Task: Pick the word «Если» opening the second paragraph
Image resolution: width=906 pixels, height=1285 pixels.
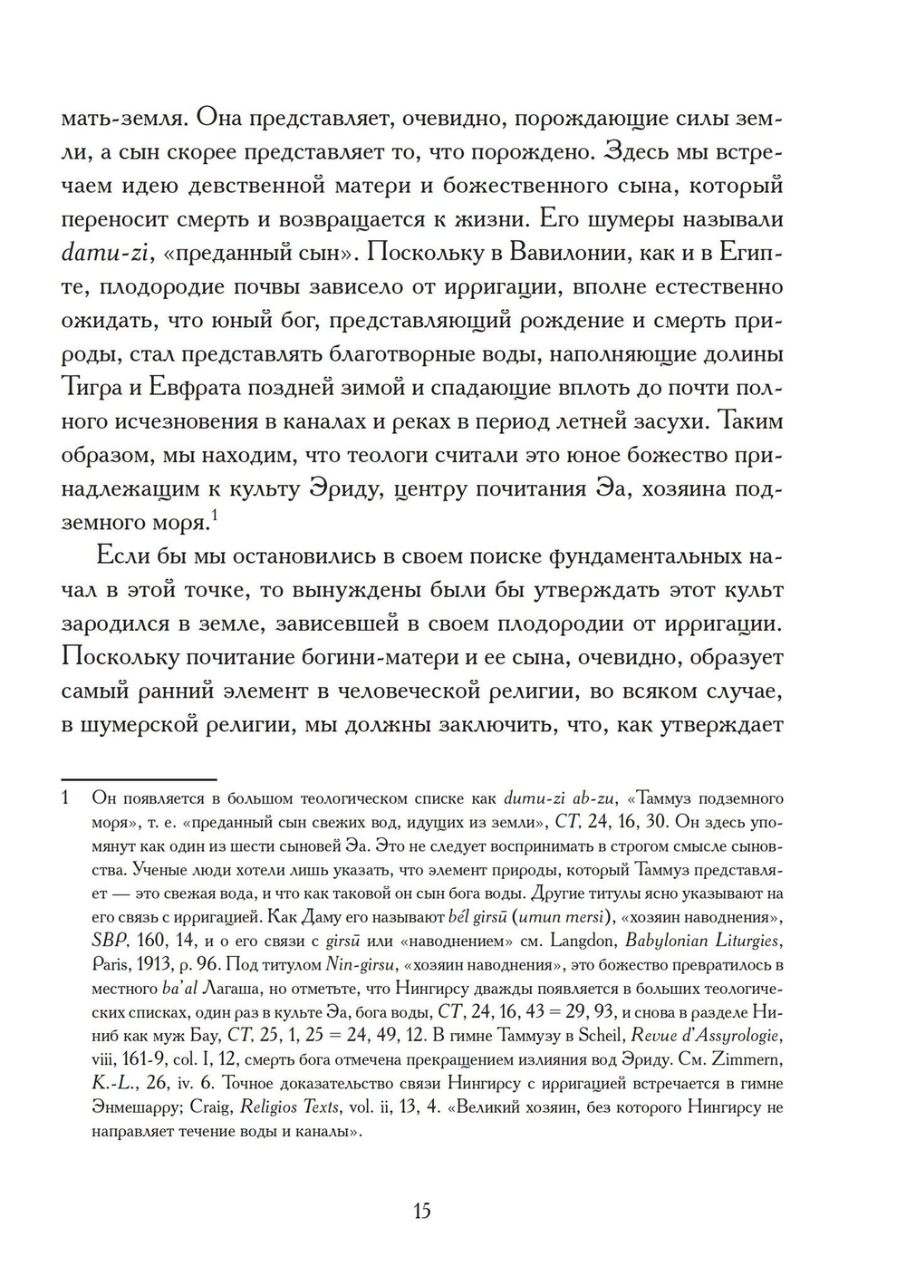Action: point(120,556)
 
